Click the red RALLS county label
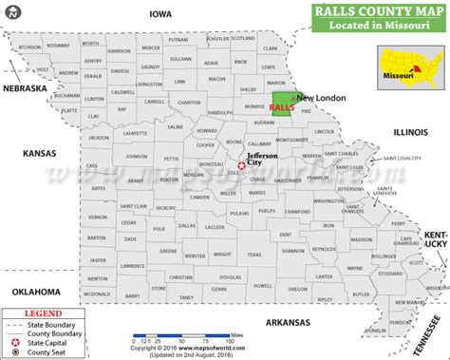tap(281, 109)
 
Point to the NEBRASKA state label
tap(25, 88)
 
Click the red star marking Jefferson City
tap(241, 165)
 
